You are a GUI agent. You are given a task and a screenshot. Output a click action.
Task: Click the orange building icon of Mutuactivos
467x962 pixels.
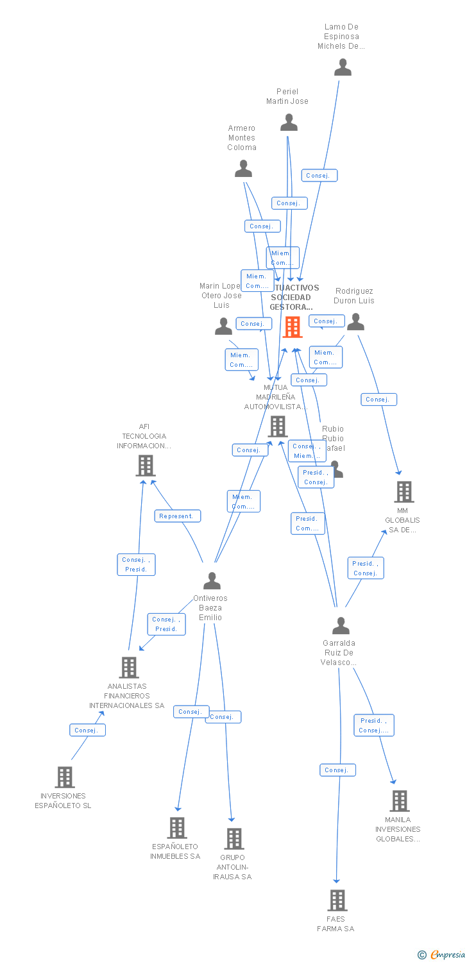tap(293, 327)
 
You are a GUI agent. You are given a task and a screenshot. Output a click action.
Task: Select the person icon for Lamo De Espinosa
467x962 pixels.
tap(343, 67)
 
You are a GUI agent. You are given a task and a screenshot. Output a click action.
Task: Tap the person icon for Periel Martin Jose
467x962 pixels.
tap(289, 122)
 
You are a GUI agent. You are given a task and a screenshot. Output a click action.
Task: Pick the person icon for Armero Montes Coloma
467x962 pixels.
tap(243, 169)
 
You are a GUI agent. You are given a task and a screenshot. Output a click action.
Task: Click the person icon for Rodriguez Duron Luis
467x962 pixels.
tap(355, 322)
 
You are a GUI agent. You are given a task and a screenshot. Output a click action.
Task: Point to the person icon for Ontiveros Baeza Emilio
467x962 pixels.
tap(212, 581)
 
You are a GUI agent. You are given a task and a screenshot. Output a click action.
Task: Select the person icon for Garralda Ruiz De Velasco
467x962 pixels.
tap(341, 625)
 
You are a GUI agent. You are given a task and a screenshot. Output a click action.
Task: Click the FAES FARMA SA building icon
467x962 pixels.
tap(337, 900)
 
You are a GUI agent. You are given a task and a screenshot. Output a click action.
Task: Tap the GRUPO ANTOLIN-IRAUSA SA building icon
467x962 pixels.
tap(234, 839)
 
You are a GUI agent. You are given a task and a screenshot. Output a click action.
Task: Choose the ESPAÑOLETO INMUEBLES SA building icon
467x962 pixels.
tap(177, 828)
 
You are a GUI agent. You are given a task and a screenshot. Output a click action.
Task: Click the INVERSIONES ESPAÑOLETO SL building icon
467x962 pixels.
tap(65, 777)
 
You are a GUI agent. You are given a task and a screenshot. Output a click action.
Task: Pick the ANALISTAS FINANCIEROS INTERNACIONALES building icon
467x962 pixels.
tap(129, 668)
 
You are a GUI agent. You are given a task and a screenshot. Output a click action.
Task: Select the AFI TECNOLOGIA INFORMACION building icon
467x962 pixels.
tap(146, 466)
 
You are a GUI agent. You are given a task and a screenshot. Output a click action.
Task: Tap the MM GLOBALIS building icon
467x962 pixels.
tap(404, 492)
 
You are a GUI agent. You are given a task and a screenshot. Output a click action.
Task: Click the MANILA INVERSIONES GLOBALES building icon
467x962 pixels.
tap(400, 801)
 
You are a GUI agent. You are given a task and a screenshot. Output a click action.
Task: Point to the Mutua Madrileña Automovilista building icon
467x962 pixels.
tap(278, 426)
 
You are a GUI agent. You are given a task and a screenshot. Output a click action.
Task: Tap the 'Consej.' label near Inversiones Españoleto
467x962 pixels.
tap(87, 730)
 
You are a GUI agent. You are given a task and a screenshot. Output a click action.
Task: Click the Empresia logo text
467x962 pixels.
tap(447, 955)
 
